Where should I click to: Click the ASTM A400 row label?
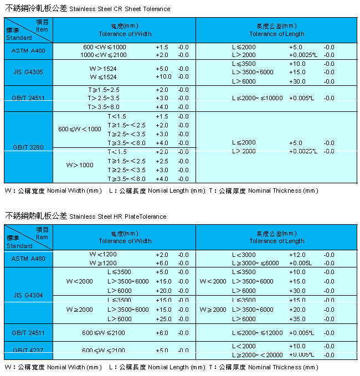click(28, 50)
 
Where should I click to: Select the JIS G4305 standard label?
click(28, 72)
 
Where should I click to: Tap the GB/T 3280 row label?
click(28, 147)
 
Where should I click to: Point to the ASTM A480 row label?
click(28, 258)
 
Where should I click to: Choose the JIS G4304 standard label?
click(28, 295)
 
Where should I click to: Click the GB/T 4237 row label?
click(28, 350)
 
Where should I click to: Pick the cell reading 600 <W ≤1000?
click(105, 47)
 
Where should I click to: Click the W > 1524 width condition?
click(102, 69)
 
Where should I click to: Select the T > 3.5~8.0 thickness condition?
click(104, 106)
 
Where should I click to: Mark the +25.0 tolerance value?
click(163, 319)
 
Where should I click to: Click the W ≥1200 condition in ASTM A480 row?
click(103, 263)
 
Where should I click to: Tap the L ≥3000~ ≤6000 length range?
click(256, 263)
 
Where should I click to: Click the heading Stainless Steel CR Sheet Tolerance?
click(120, 9)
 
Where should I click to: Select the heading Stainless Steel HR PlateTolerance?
click(118, 217)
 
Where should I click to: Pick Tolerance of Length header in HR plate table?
click(277, 241)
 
